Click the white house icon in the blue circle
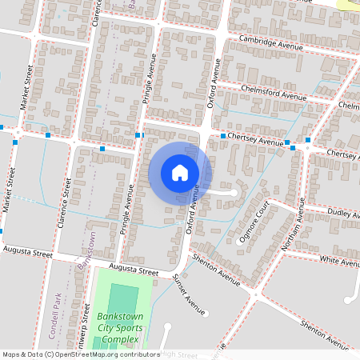(180, 172)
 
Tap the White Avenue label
(339, 261)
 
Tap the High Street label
(179, 354)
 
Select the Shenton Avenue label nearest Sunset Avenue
(216, 270)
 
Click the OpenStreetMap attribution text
(80, 354)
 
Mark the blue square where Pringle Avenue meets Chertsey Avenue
(139, 134)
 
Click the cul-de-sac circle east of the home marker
(232, 193)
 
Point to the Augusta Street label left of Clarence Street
(27, 253)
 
